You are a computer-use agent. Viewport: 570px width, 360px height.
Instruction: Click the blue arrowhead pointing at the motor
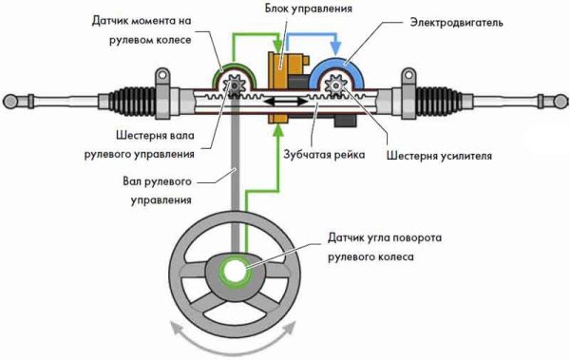click(x=335, y=50)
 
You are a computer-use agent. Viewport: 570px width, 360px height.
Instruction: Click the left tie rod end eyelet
click(x=12, y=97)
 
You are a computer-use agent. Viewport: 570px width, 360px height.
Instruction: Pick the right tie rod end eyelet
click(x=557, y=97)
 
